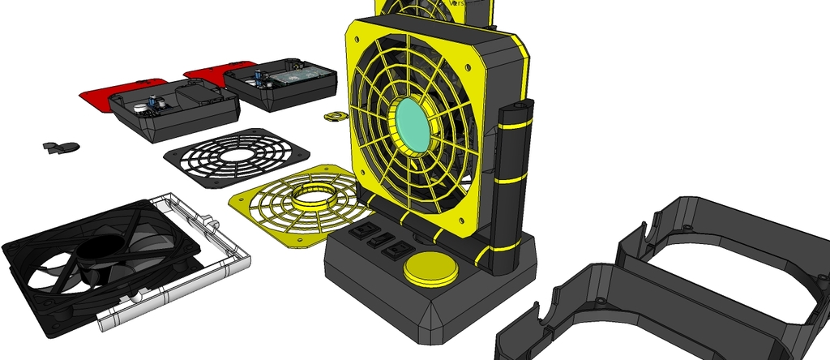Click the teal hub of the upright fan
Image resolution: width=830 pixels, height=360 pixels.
[x=414, y=126]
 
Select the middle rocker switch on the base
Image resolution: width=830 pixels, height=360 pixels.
[x=375, y=241]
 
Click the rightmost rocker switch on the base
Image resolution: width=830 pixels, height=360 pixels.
[x=395, y=250]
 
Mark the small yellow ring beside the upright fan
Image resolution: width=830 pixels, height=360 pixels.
[x=333, y=116]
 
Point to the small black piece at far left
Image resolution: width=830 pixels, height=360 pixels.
[x=60, y=147]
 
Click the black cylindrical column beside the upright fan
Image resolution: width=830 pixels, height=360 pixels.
[x=513, y=186]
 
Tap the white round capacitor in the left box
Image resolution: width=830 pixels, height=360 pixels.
[x=141, y=106]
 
